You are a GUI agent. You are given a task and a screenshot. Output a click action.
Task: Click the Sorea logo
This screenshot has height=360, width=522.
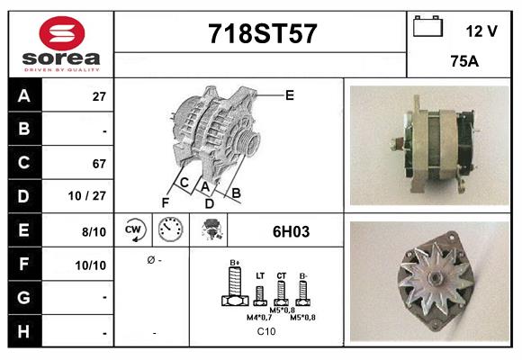tap(60, 44)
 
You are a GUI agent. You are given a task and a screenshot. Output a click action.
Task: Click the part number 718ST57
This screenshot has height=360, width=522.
tap(262, 33)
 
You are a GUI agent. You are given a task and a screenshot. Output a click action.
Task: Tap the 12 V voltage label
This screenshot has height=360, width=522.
tap(481, 31)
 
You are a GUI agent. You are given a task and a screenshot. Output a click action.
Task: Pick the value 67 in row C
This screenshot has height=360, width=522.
tap(99, 164)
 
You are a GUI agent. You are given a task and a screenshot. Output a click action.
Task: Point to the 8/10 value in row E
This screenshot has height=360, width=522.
tap(94, 230)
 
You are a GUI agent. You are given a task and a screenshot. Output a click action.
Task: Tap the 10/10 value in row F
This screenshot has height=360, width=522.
tap(93, 265)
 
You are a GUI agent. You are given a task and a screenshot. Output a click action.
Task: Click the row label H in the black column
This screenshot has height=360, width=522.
tap(23, 331)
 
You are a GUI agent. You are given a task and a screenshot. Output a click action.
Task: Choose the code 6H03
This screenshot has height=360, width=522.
tap(291, 231)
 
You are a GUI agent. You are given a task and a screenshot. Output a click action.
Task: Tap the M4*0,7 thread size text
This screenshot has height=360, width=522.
tap(260, 317)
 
